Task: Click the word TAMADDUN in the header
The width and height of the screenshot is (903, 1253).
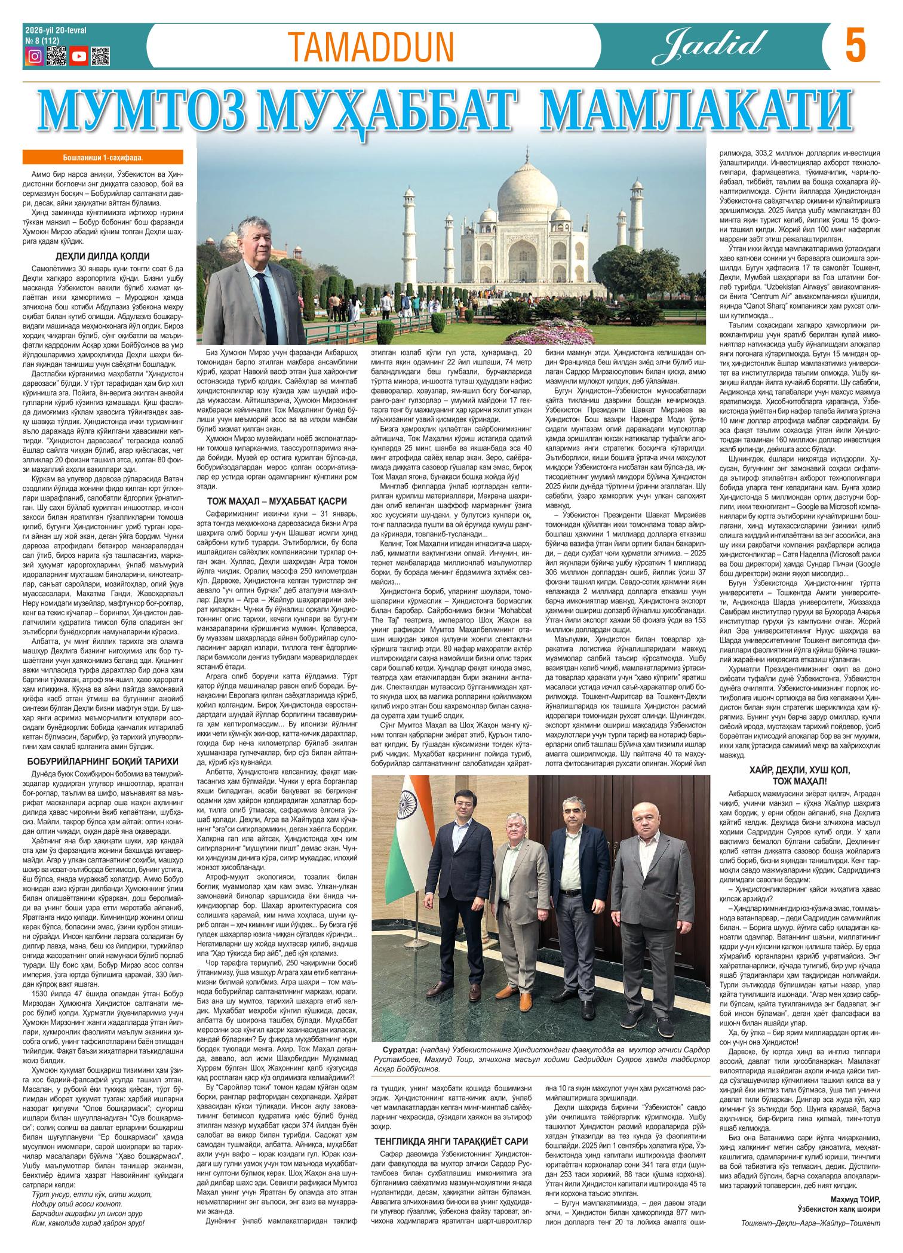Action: click(370, 47)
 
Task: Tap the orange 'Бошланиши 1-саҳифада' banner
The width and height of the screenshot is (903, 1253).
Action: click(102, 158)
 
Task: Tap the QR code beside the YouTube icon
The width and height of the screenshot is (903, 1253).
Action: click(101, 56)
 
